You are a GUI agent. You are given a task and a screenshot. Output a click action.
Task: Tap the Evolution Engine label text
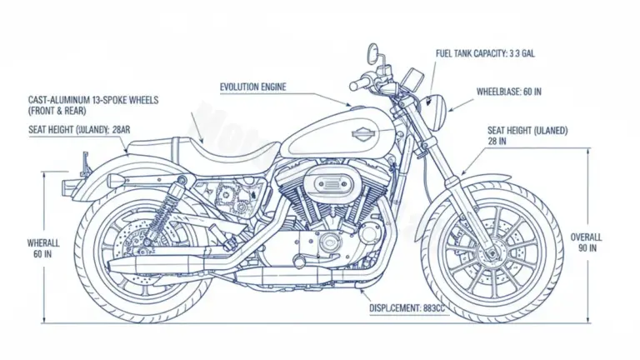click(x=253, y=87)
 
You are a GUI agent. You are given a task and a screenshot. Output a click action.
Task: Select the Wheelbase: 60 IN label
click(x=508, y=91)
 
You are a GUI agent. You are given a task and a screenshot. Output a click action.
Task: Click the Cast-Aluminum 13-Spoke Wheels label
click(x=92, y=105)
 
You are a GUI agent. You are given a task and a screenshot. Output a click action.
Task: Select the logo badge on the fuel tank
click(x=364, y=134)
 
